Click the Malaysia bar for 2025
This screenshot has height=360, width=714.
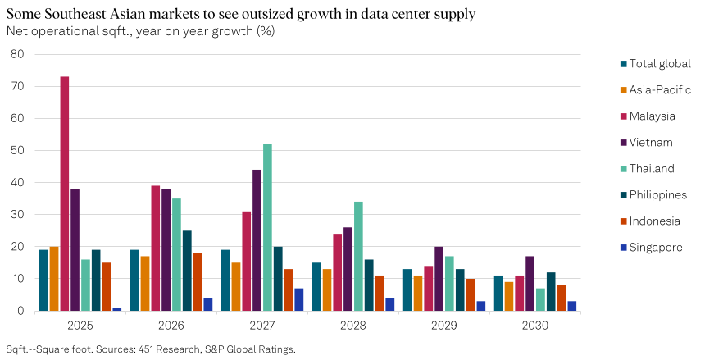pyautogui.click(x=64, y=194)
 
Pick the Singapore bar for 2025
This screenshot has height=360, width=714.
pyautogui.click(x=117, y=309)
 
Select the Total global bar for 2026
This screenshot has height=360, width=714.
pyautogui.click(x=134, y=280)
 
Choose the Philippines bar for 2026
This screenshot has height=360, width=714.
pyautogui.click(x=187, y=271)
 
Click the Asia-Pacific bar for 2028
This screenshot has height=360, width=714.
pyautogui.click(x=326, y=290)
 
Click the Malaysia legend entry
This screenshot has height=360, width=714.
pyautogui.click(x=652, y=116)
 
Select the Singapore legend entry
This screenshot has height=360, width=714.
pyautogui.click(x=655, y=247)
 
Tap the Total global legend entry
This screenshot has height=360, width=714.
pyautogui.click(x=659, y=63)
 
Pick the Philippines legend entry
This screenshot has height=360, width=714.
pyautogui.click(x=657, y=194)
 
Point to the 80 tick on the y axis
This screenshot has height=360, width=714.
pyautogui.click(x=18, y=54)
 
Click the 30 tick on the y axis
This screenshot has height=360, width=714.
pyautogui.click(x=18, y=215)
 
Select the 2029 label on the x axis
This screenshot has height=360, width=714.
pyautogui.click(x=443, y=326)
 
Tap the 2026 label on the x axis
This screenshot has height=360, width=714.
pyautogui.click(x=171, y=326)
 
